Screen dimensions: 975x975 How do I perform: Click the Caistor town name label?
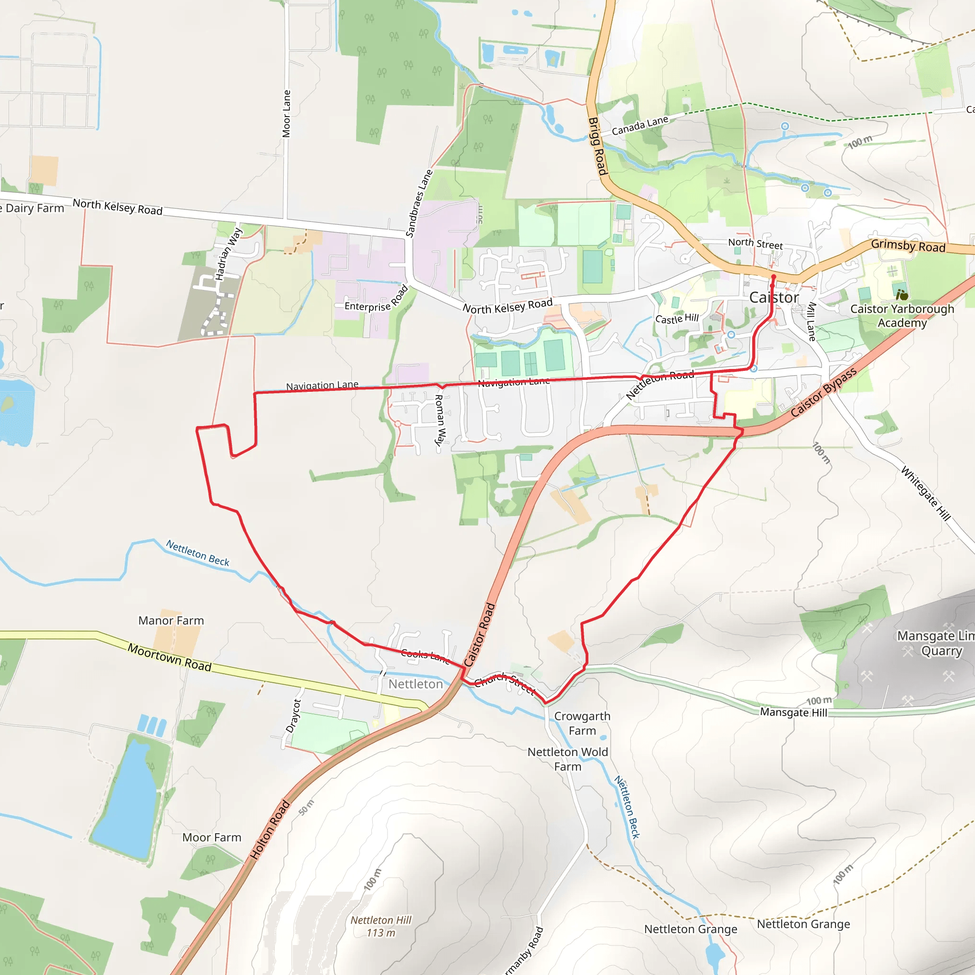[x=774, y=298]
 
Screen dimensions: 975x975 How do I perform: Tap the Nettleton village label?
[x=415, y=684]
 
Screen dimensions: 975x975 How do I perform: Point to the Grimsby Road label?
[x=908, y=246]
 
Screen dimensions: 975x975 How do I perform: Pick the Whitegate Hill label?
[x=925, y=494]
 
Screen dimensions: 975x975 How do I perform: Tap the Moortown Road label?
[x=169, y=657]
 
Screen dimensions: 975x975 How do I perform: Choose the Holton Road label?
[x=270, y=829]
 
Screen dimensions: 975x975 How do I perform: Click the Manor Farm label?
[x=171, y=621]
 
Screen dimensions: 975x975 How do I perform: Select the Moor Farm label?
[x=211, y=838]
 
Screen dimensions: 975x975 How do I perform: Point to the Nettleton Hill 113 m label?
[x=381, y=926]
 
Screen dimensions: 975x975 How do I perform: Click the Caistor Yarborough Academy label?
[x=902, y=316]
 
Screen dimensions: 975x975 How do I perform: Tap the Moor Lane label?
[x=287, y=114]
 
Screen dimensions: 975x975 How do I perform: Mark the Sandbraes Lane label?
[x=419, y=203]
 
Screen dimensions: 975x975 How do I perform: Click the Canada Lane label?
[x=639, y=126]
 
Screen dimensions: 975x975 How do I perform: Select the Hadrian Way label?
[x=229, y=254]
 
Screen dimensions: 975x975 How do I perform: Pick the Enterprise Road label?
[x=376, y=300]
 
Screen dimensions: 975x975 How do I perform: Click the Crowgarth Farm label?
[x=582, y=723]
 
